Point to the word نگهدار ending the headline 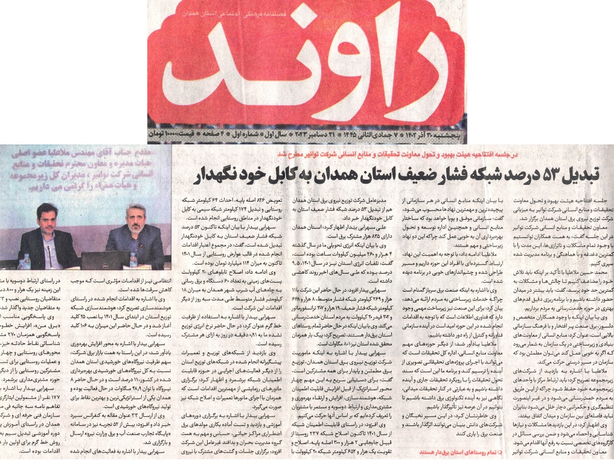tap(214, 175)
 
